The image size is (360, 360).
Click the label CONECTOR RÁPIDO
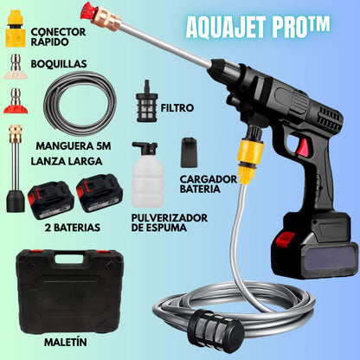[60, 39]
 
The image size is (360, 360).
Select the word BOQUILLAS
[58, 63]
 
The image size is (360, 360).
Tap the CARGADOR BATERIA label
[209, 184]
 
